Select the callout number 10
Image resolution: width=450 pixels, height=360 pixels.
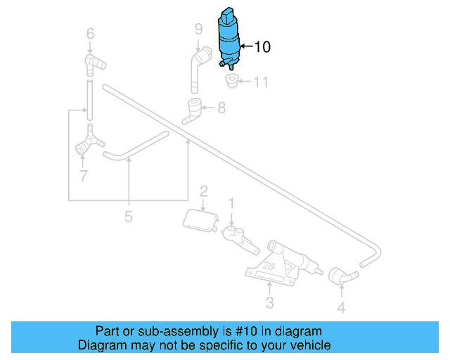[x=262, y=47]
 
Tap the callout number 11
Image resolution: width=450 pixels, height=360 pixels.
[x=261, y=82]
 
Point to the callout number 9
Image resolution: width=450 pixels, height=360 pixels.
[x=199, y=29]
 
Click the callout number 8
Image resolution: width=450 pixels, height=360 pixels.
[x=221, y=108]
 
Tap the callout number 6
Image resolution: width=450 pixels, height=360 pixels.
[x=90, y=32]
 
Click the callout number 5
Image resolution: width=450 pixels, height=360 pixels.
[x=128, y=216]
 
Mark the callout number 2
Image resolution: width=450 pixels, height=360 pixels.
[x=203, y=191]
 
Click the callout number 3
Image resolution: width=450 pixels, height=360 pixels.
[x=269, y=303]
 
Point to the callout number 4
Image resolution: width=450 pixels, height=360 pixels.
[x=341, y=307]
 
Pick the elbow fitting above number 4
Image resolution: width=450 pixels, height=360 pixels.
[x=340, y=276]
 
